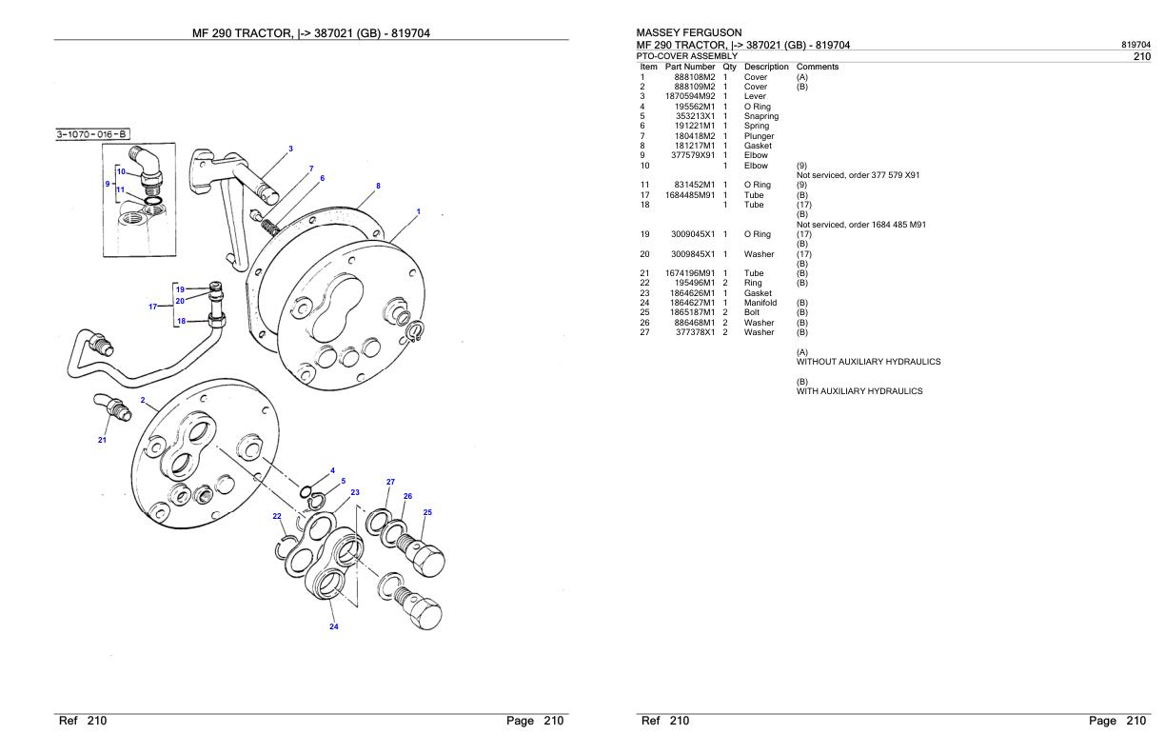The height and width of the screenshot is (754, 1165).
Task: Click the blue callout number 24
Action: [x=334, y=626]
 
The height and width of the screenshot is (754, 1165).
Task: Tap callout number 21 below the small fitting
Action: [x=102, y=440]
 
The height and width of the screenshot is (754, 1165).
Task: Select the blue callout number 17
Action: [x=152, y=307]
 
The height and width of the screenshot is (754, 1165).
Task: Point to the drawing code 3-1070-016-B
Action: [x=92, y=134]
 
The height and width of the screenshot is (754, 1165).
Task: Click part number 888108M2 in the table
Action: [x=694, y=77]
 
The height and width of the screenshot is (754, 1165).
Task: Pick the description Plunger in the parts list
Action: [x=759, y=136]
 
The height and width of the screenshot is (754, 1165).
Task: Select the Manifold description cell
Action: [x=760, y=303]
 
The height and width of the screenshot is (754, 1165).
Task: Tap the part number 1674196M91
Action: [x=690, y=273]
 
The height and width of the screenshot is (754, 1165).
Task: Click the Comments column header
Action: [x=817, y=67]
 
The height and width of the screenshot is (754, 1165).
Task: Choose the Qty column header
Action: [x=729, y=67]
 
